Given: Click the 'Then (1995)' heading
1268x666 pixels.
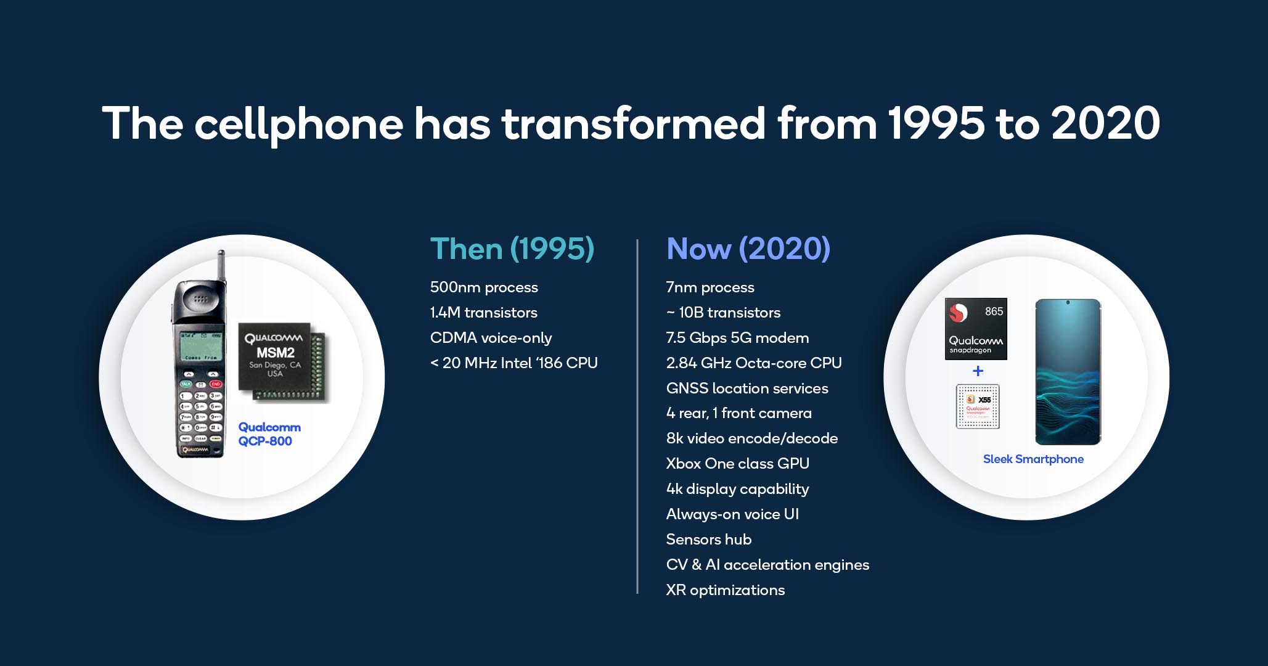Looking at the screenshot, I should point(512,249).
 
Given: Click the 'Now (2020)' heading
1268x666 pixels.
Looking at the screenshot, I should point(748,249).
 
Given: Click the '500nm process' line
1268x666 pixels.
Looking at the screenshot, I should point(484,287).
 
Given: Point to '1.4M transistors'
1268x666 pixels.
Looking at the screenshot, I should point(483,313).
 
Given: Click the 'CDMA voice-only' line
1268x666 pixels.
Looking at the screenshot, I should point(491,338).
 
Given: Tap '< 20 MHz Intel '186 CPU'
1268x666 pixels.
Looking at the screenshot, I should point(513,363).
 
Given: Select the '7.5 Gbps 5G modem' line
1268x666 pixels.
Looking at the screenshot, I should point(737,338).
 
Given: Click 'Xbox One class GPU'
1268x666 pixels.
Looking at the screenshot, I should point(737,464).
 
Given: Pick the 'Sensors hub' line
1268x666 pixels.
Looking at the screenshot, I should point(708,540).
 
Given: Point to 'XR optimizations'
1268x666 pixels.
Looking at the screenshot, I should point(725,590).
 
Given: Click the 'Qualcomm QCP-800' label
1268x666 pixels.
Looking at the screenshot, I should point(269,434).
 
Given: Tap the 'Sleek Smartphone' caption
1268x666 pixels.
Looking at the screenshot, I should point(1033,459).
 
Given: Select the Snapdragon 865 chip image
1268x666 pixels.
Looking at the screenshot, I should point(975,329).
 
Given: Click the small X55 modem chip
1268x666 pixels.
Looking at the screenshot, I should point(977,406).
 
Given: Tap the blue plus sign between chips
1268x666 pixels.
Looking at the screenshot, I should point(978,371).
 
